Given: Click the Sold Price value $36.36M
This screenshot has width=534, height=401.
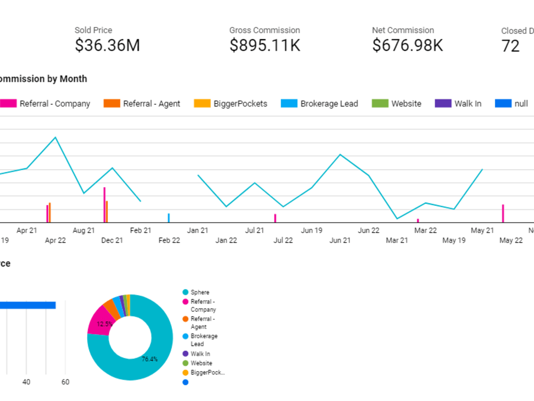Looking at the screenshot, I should coord(107,46).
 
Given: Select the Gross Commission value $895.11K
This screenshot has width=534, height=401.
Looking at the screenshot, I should coord(265,46).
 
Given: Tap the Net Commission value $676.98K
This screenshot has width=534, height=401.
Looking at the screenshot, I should coord(407,46).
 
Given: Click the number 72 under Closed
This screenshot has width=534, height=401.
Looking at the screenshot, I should coord(511,47).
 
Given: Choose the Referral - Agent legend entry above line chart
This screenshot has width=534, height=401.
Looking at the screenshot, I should coord(142,104).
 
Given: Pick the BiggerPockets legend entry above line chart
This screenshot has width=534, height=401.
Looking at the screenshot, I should coord(231,104).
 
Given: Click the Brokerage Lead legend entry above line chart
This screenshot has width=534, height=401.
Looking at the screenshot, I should coord(319,104).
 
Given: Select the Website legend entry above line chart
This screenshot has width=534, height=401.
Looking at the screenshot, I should coord(396,104).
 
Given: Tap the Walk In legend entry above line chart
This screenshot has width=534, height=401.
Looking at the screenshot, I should coord(458,104).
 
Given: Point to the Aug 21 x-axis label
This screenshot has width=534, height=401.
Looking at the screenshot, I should coord(83,230).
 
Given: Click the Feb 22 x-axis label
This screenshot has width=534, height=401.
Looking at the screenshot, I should coord(169,241).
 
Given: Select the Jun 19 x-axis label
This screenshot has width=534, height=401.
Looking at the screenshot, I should coord(311,230).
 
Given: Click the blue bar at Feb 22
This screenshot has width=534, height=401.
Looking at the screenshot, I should coord(169,218).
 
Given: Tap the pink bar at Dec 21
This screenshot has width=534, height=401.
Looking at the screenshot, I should coord(104,205).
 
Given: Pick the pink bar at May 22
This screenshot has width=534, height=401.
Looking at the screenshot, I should coord(502,213).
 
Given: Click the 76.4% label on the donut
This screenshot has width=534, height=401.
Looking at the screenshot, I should coord(150,359).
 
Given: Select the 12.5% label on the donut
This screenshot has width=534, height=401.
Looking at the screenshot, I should coord(105,324).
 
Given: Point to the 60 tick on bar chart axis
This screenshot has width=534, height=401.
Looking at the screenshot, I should coord(65,382).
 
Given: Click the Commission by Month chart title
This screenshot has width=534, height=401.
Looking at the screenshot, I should coord(43,79).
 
